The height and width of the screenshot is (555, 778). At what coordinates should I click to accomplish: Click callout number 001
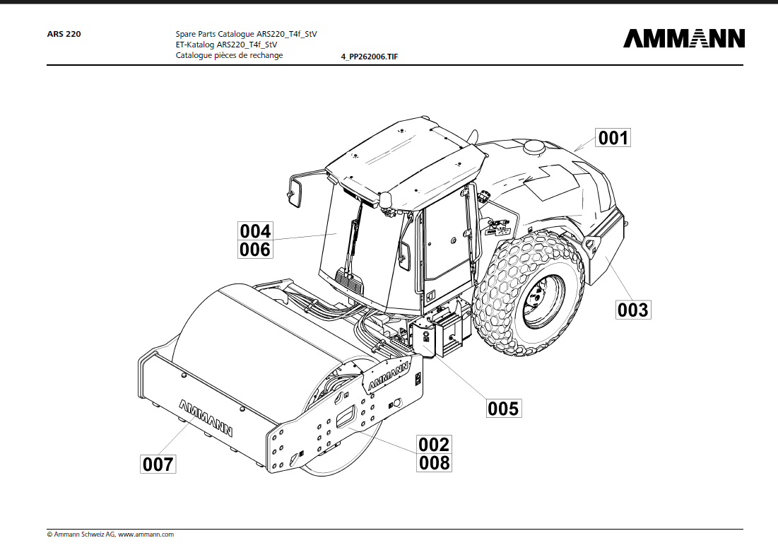click(x=613, y=137)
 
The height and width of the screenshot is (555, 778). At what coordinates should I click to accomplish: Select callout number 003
click(x=632, y=310)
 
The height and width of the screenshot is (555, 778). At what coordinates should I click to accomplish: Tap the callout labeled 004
click(x=255, y=231)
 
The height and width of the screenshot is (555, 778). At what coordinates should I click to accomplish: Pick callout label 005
click(x=503, y=408)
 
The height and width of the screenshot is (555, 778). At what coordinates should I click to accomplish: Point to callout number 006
click(x=255, y=249)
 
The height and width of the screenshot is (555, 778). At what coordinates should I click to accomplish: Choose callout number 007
click(x=158, y=464)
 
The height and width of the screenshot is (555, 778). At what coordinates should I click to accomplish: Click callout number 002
click(x=434, y=444)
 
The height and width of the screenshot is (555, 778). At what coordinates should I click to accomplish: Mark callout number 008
click(x=434, y=462)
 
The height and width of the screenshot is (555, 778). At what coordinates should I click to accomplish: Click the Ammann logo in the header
click(x=683, y=38)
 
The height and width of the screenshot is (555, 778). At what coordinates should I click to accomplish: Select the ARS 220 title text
click(x=64, y=33)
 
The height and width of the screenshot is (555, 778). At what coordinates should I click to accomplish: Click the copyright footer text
click(x=110, y=534)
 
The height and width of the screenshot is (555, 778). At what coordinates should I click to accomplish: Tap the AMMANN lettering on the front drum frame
click(x=206, y=418)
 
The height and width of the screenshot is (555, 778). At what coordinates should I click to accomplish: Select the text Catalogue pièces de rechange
click(x=229, y=55)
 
